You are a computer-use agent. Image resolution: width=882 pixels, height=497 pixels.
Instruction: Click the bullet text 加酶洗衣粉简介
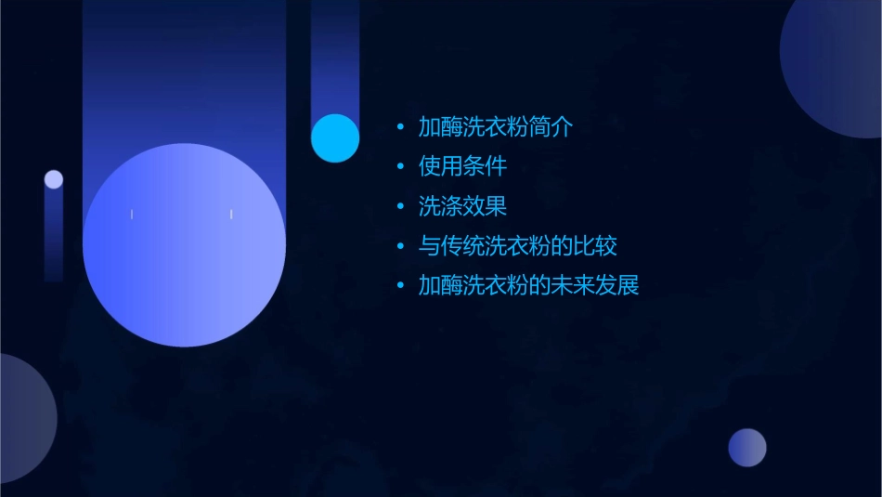(x=495, y=127)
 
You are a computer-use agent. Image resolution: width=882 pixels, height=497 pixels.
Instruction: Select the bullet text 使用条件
(x=462, y=166)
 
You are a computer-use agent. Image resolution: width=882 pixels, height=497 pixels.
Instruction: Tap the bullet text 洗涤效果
(x=462, y=206)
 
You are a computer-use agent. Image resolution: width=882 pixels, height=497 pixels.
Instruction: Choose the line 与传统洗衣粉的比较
(x=517, y=246)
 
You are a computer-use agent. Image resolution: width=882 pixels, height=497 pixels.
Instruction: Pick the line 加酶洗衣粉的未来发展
(x=528, y=285)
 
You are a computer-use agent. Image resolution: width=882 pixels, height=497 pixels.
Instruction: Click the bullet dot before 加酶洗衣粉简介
(x=400, y=127)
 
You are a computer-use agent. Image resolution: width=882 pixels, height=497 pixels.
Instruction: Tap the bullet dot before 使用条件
(x=400, y=167)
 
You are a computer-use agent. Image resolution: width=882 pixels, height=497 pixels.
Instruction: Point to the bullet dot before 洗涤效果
(x=400, y=206)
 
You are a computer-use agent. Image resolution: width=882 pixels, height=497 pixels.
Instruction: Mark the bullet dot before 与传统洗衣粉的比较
(x=400, y=246)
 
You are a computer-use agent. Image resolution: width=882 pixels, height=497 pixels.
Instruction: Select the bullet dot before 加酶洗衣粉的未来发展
(x=400, y=286)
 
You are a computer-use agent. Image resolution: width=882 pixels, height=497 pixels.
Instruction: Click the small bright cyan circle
(x=335, y=138)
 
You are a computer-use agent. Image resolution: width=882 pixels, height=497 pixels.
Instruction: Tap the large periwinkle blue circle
(x=184, y=245)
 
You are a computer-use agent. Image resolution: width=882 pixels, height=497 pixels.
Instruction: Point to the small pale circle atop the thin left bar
(x=54, y=179)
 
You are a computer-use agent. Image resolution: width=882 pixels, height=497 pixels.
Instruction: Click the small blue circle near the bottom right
(x=747, y=448)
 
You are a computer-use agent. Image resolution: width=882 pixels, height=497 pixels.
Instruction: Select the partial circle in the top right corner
(x=836, y=65)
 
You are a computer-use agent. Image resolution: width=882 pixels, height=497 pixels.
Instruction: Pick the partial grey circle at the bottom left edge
(x=23, y=418)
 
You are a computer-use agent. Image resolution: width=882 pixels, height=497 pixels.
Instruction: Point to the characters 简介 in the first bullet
(x=551, y=127)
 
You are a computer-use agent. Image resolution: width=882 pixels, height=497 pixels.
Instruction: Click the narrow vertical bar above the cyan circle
(x=335, y=56)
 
